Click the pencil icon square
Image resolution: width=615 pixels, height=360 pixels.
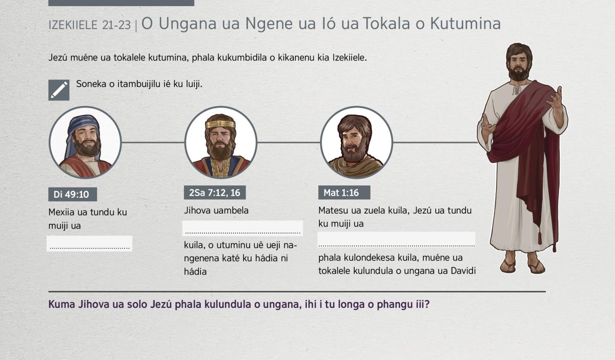click(59, 90)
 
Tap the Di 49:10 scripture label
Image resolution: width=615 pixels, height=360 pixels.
click(72, 194)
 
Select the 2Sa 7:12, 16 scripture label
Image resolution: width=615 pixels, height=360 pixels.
click(215, 193)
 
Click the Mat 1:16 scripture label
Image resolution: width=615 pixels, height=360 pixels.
click(344, 193)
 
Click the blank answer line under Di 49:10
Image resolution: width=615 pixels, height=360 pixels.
click(90, 244)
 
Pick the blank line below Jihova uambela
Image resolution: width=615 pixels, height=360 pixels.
click(243, 228)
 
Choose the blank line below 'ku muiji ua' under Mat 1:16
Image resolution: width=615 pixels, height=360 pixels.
click(397, 240)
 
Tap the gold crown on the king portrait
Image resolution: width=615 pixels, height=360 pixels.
click(220, 124)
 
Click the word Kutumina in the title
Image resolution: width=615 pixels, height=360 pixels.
click(465, 24)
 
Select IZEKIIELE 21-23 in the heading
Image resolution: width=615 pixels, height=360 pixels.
click(90, 25)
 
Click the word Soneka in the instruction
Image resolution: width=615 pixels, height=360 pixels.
click(91, 84)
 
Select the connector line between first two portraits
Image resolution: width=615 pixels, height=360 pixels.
click(153, 142)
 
